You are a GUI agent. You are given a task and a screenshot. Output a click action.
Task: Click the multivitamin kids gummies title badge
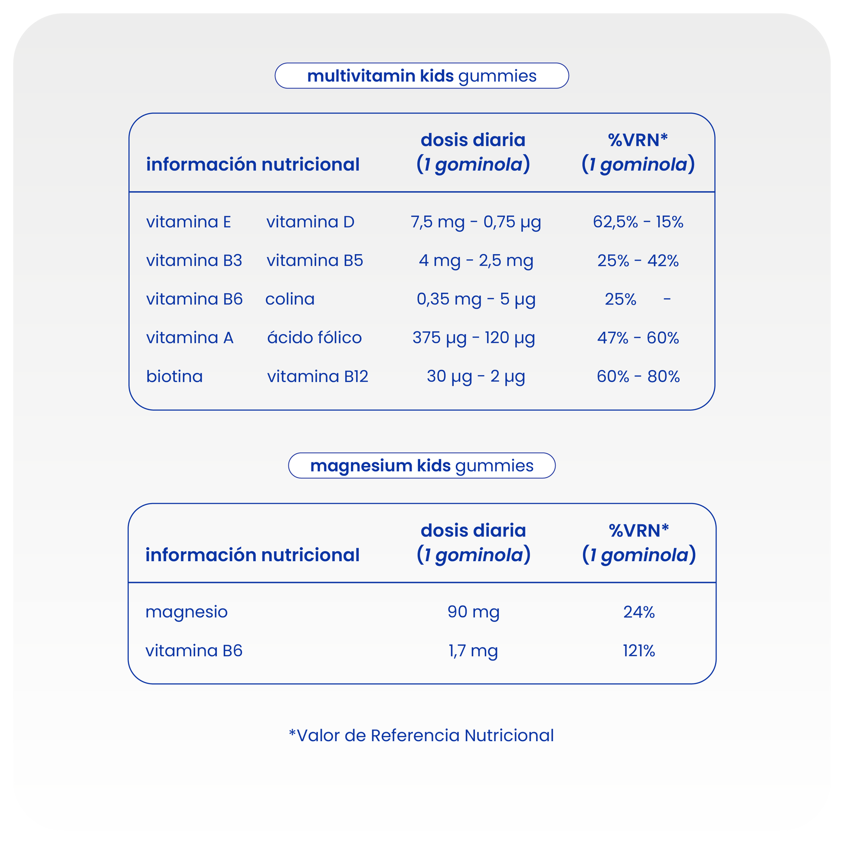tap(422, 76)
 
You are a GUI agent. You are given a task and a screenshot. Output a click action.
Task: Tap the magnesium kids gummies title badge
tap(422, 466)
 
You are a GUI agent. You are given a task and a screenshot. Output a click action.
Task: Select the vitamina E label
tap(188, 222)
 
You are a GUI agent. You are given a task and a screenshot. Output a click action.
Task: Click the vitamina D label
tap(310, 222)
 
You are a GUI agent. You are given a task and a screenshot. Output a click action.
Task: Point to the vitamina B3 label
tap(194, 260)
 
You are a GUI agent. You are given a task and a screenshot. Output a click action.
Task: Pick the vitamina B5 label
tap(314, 260)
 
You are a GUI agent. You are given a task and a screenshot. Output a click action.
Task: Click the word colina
tap(290, 299)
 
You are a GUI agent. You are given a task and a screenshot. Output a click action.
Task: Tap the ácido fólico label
tap(314, 338)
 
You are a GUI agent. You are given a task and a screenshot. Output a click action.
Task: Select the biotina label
tap(174, 376)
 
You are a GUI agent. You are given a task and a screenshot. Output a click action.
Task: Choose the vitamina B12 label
tap(317, 376)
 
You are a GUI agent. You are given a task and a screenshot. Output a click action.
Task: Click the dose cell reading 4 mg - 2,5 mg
tap(476, 261)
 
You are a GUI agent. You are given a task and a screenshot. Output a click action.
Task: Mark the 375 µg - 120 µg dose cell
tap(474, 338)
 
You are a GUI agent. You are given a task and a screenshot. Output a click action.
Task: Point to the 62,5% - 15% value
tap(638, 222)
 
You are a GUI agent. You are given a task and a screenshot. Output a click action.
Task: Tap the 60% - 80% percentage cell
tap(638, 376)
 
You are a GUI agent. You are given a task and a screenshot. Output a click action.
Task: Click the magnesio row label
tap(186, 612)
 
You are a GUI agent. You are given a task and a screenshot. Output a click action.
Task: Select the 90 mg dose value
tap(474, 612)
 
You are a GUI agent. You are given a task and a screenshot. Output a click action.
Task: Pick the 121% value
tap(639, 651)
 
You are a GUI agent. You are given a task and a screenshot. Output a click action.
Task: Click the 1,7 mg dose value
tap(473, 651)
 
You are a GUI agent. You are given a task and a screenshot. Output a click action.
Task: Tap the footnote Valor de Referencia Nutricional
tap(422, 736)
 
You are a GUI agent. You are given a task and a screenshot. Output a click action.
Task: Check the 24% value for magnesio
tap(639, 612)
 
